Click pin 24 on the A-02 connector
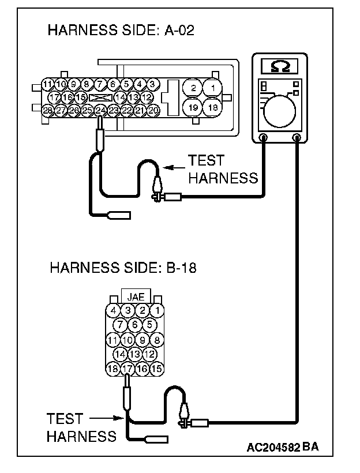click(100, 110)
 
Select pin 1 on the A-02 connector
click(213, 88)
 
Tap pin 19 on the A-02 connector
click(194, 107)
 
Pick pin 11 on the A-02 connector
click(47, 85)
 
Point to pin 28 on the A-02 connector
click(47, 110)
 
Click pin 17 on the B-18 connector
click(127, 367)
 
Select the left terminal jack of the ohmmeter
click(263, 137)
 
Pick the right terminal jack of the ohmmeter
click(297, 137)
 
